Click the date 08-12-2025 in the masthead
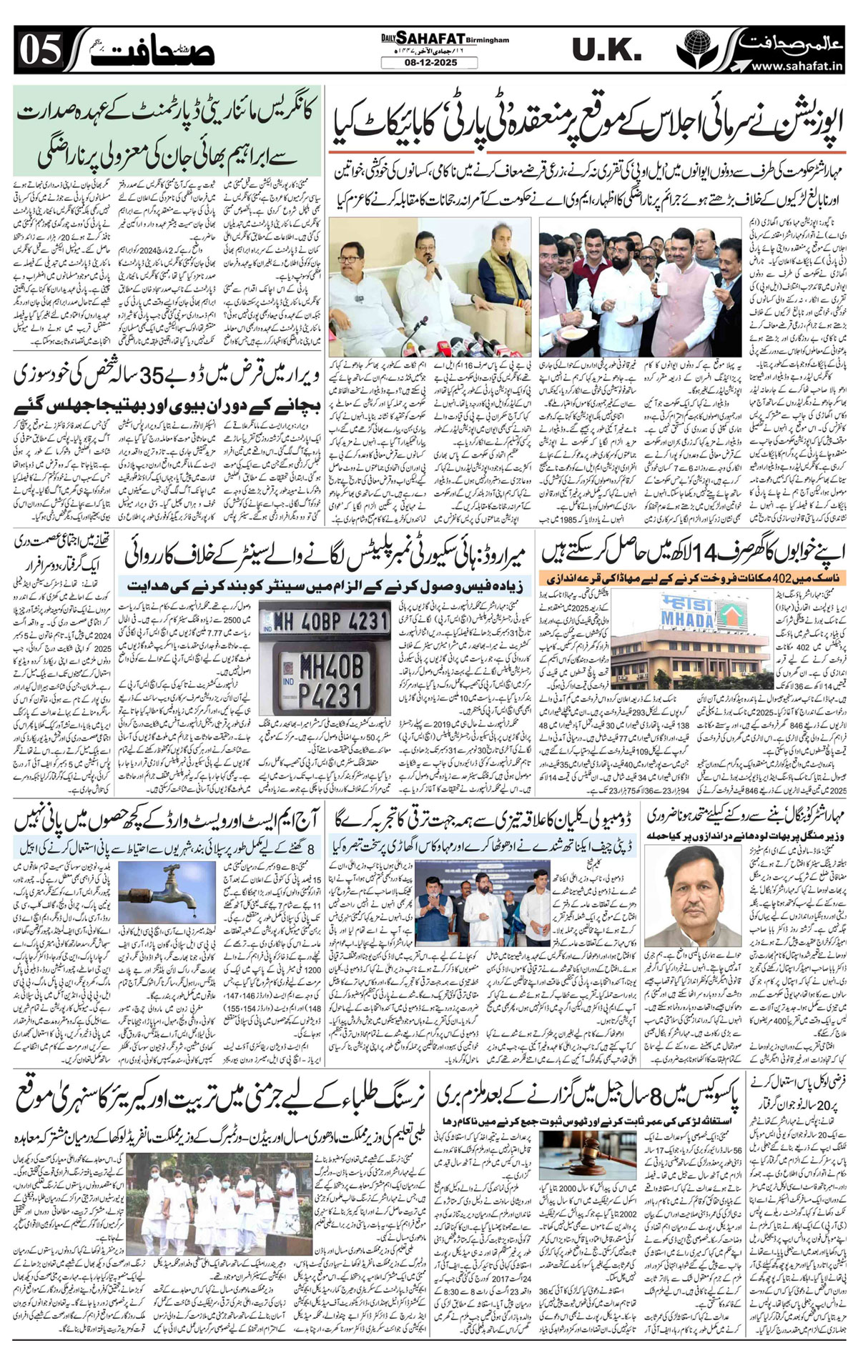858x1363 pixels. coord(428,63)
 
